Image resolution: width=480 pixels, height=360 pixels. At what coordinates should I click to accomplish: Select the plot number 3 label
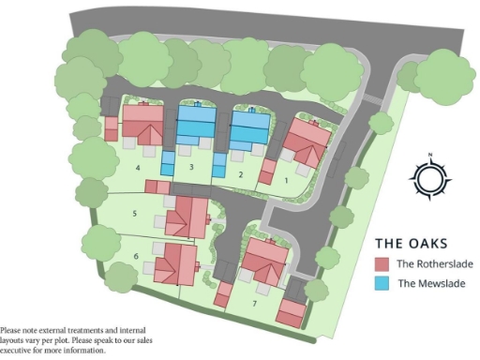point(190,168)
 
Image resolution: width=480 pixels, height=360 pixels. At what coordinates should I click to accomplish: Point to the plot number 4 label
point(138,169)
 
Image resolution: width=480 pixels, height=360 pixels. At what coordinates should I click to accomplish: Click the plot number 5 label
point(135,215)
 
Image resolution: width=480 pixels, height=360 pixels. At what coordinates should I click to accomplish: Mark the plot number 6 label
point(137,255)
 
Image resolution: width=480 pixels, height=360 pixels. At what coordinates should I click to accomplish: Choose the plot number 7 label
point(254,303)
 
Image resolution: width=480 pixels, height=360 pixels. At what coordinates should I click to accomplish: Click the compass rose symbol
point(428,177)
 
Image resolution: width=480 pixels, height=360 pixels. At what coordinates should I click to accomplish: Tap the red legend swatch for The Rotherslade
point(382,263)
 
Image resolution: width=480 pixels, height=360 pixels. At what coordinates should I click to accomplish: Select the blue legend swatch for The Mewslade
point(382,283)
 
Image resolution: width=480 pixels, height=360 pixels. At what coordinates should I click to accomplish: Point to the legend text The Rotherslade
point(434,263)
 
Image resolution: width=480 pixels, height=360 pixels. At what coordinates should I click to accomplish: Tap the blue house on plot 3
point(197,124)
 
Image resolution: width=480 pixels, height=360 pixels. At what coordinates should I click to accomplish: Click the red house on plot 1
point(307,142)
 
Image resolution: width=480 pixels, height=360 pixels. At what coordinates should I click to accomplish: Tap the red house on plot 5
point(187,217)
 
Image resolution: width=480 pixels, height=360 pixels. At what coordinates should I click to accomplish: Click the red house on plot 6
point(176,262)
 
